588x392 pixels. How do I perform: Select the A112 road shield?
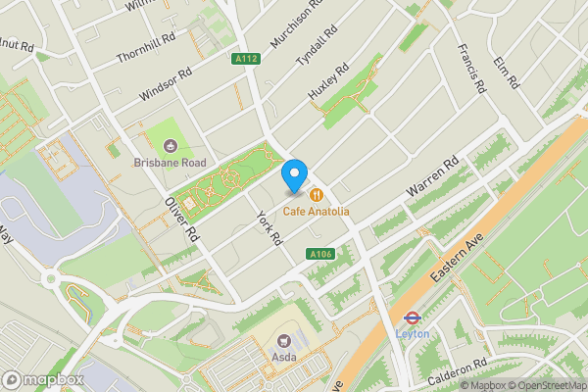pyautogui.click(x=246, y=60)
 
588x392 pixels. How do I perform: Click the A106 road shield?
pyautogui.click(x=318, y=255)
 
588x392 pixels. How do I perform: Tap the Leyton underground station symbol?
pyautogui.click(x=412, y=318)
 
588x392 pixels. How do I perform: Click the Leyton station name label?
pyautogui.click(x=412, y=333)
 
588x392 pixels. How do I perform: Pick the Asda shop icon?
pyautogui.click(x=284, y=341)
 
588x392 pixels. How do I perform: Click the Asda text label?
pyautogui.click(x=284, y=358)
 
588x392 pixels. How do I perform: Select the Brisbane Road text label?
pyautogui.click(x=169, y=162)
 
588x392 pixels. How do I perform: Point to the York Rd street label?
pyautogui.click(x=269, y=228)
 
